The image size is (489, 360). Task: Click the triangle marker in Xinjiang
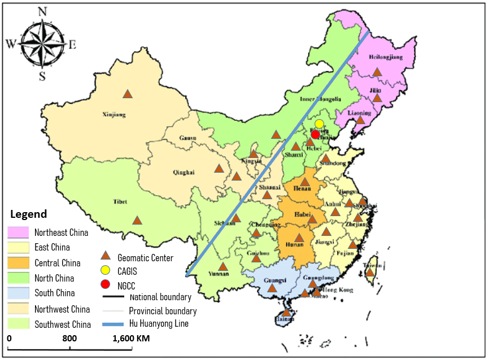click(x=128, y=94)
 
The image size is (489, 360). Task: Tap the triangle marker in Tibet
click(x=137, y=221)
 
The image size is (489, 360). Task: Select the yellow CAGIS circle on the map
click(x=319, y=124)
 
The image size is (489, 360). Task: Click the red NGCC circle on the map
click(x=316, y=134)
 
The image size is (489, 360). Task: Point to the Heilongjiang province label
click(x=386, y=58)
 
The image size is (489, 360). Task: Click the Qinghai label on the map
click(x=184, y=173)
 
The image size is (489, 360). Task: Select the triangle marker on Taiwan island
click(x=370, y=273)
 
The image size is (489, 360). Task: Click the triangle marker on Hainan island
click(x=286, y=312)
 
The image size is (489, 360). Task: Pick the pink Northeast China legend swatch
click(x=18, y=232)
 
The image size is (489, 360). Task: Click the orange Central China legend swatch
click(x=18, y=263)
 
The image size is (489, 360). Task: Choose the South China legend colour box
click(x=18, y=293)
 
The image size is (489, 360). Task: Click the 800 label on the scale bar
click(x=69, y=339)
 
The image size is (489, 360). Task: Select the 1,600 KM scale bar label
click(x=130, y=339)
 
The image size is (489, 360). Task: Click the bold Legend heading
click(x=29, y=214)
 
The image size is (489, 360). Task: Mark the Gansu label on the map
click(x=187, y=138)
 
